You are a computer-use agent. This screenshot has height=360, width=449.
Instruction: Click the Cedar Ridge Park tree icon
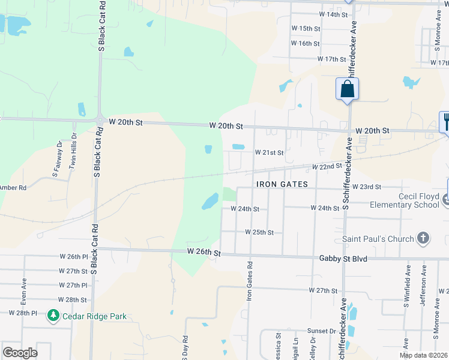[53, 316]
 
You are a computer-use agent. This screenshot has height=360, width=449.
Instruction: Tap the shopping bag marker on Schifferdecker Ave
[347, 90]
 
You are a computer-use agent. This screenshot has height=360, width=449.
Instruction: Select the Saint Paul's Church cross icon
[423, 238]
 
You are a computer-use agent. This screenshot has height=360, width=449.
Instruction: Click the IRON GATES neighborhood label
[282, 184]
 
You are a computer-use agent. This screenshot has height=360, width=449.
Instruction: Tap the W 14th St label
[333, 14]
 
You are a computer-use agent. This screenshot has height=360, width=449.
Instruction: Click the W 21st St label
[269, 153]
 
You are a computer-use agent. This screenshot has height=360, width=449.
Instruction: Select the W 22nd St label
[327, 166]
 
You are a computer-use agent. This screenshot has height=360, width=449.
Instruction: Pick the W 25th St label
[259, 232]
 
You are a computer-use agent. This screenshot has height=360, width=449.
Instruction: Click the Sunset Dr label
[322, 331]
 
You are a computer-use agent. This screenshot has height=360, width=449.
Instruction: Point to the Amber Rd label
[13, 188]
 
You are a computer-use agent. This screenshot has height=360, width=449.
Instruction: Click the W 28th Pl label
[23, 313]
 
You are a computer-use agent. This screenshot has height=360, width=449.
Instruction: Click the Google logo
[20, 353]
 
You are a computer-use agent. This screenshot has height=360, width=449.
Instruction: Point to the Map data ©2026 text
[424, 355]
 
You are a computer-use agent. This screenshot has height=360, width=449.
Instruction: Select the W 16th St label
[305, 43]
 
